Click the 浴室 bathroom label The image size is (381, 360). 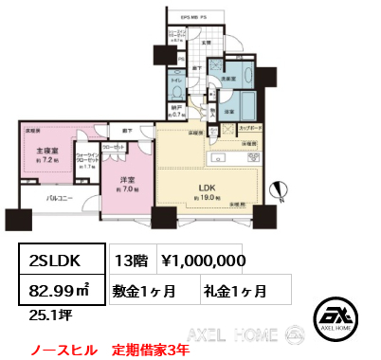[229, 112]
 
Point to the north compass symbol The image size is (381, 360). [280, 190]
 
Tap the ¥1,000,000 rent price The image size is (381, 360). [204, 260]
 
